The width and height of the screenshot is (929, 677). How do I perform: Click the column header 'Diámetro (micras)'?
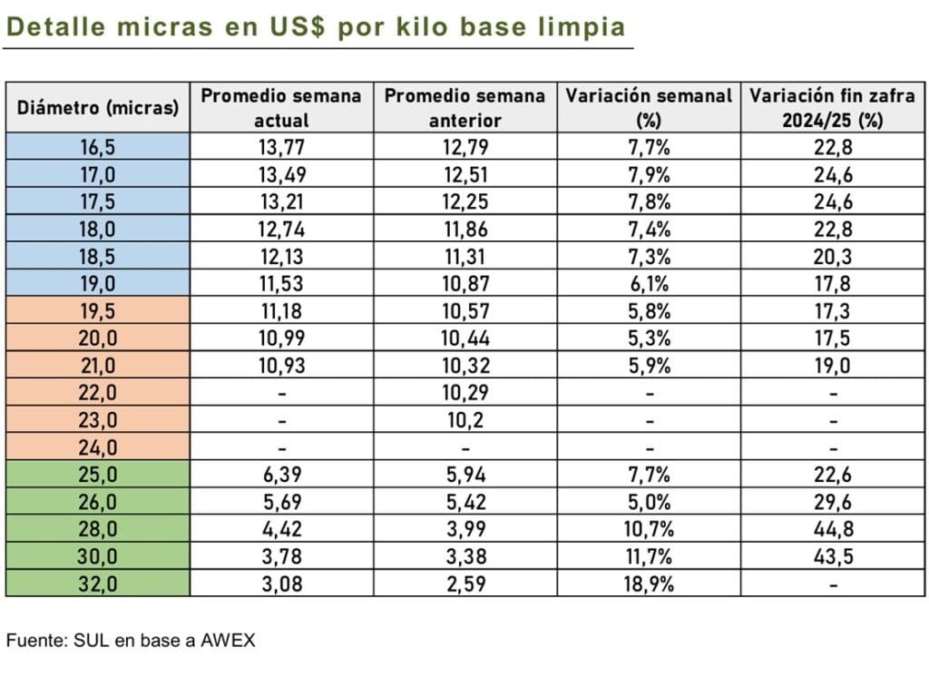click(x=98, y=108)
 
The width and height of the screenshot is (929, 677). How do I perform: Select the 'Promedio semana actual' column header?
click(x=281, y=108)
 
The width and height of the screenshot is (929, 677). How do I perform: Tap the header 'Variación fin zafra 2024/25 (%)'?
click(x=832, y=108)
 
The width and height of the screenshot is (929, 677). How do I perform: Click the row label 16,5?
click(x=98, y=147)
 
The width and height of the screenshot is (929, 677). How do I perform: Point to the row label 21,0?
click(x=98, y=365)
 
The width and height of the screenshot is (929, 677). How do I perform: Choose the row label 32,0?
click(x=98, y=584)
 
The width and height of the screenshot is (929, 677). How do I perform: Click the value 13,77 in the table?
click(x=281, y=147)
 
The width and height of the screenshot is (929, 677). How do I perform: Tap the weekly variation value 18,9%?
click(x=649, y=584)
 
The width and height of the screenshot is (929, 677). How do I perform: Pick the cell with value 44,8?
click(x=832, y=529)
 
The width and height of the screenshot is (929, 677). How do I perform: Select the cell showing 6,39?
click(x=281, y=475)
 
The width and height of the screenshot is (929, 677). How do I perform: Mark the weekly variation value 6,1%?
click(x=649, y=283)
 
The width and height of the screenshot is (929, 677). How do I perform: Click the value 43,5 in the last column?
click(x=832, y=556)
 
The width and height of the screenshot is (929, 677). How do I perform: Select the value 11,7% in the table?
click(x=649, y=556)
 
